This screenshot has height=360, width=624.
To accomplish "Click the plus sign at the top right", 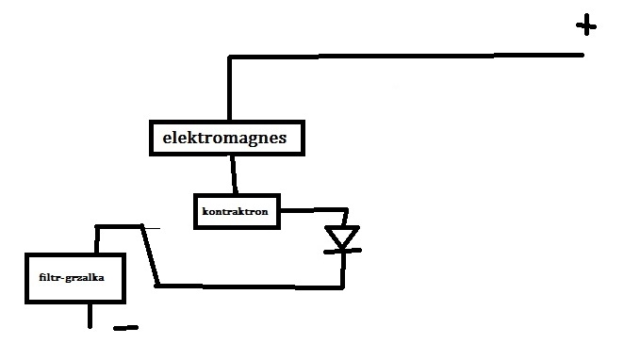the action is click(586, 25).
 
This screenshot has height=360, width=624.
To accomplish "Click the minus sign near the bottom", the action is click(125, 328).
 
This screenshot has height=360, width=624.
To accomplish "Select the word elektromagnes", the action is click(224, 138).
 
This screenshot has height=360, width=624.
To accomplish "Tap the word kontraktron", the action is click(236, 211).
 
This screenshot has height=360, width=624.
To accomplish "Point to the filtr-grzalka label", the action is click(72, 277).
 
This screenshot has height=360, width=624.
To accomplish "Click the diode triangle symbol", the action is click(342, 237).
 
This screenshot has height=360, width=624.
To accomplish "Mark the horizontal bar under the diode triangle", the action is click(342, 251).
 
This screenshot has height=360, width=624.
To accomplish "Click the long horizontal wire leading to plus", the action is click(406, 57).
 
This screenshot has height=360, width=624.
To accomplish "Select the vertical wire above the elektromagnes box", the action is click(230, 89).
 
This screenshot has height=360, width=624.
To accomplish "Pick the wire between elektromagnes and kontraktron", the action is click(234, 174).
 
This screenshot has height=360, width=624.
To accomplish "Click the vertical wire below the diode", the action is click(343, 269).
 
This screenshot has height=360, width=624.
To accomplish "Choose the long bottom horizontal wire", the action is click(250, 286).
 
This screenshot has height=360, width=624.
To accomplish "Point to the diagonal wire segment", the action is click(150, 255).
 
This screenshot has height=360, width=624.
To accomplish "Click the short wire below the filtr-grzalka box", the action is click(90, 316).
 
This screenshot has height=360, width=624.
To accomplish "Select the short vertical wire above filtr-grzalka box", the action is click(97, 239).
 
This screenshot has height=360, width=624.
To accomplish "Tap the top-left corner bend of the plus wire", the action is click(230, 57).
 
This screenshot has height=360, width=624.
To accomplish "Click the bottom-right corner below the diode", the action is click(342, 286).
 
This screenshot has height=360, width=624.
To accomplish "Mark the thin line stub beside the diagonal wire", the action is click(152, 228).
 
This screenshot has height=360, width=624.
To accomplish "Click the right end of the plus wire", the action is click(583, 55).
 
